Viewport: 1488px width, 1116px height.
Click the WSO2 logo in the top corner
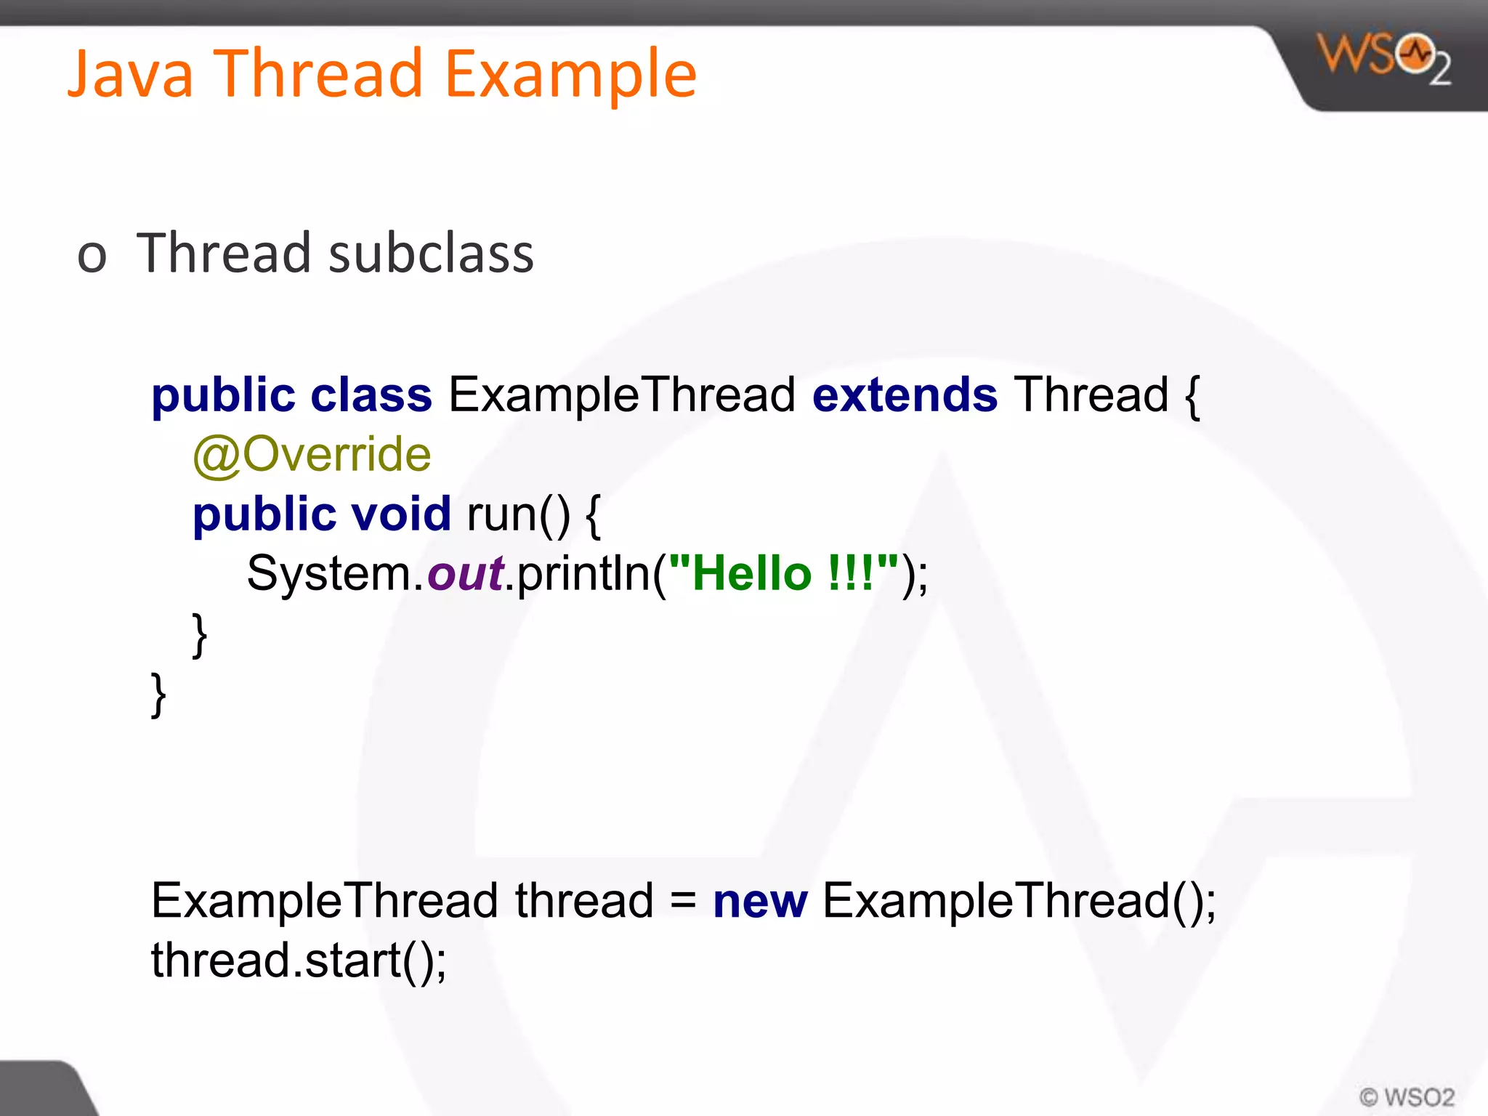tap(1384, 58)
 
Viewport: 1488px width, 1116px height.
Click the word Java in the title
tap(131, 75)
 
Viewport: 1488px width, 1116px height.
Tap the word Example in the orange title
tap(570, 75)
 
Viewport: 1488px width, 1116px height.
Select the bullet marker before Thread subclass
tap(92, 256)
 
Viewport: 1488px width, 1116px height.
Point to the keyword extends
tap(905, 396)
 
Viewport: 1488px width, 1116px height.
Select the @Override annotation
tap(312, 456)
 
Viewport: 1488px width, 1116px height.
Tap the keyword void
tap(401, 514)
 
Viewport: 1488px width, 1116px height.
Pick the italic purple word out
tap(465, 574)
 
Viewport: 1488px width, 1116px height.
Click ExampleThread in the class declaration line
tap(622, 396)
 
